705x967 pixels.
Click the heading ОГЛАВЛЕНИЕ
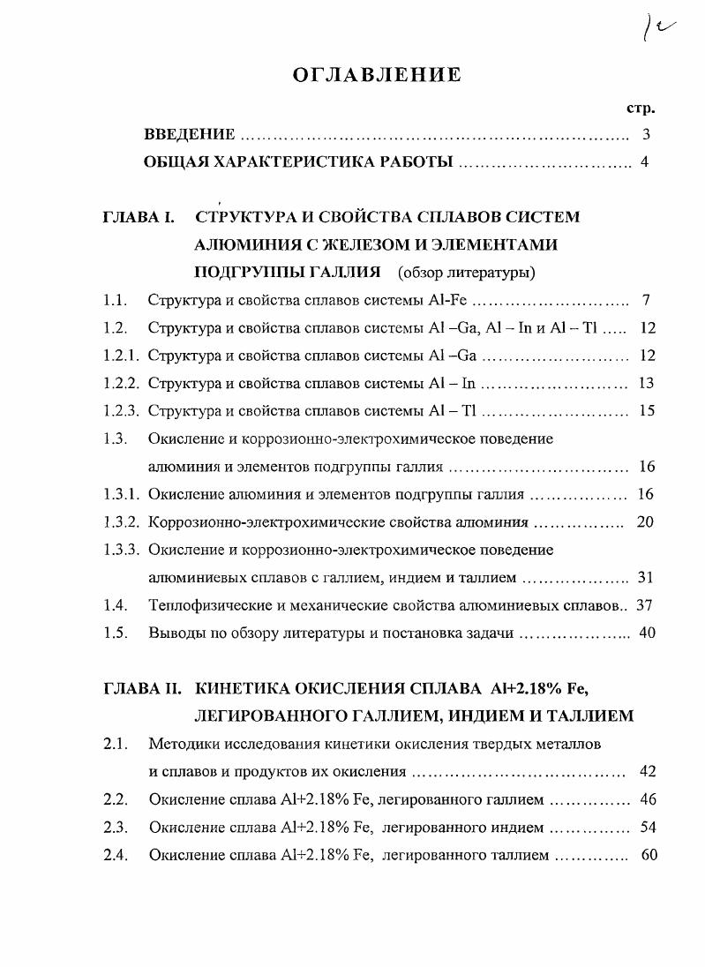pos(377,75)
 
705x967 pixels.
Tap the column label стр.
pos(641,109)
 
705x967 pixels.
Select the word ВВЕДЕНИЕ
pos(189,135)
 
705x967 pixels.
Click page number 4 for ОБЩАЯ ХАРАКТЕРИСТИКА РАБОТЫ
pos(645,162)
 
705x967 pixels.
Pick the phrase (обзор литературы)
pos(466,272)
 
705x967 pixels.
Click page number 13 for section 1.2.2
pos(646,383)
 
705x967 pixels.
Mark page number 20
pos(645,522)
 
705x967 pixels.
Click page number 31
pos(645,578)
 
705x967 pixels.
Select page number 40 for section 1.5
pos(647,633)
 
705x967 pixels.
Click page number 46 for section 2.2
pos(648,800)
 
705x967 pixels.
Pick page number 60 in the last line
pos(649,855)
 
